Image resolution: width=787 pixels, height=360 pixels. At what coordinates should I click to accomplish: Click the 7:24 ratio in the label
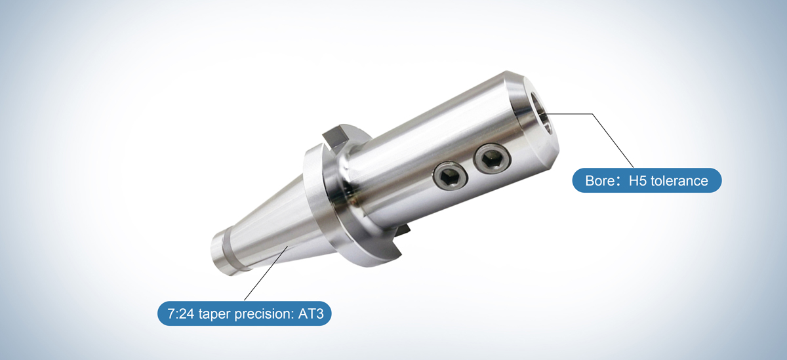point(181,314)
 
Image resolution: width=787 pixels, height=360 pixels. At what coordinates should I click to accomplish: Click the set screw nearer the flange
point(449,175)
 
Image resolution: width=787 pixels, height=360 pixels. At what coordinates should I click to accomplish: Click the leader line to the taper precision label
point(262,275)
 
